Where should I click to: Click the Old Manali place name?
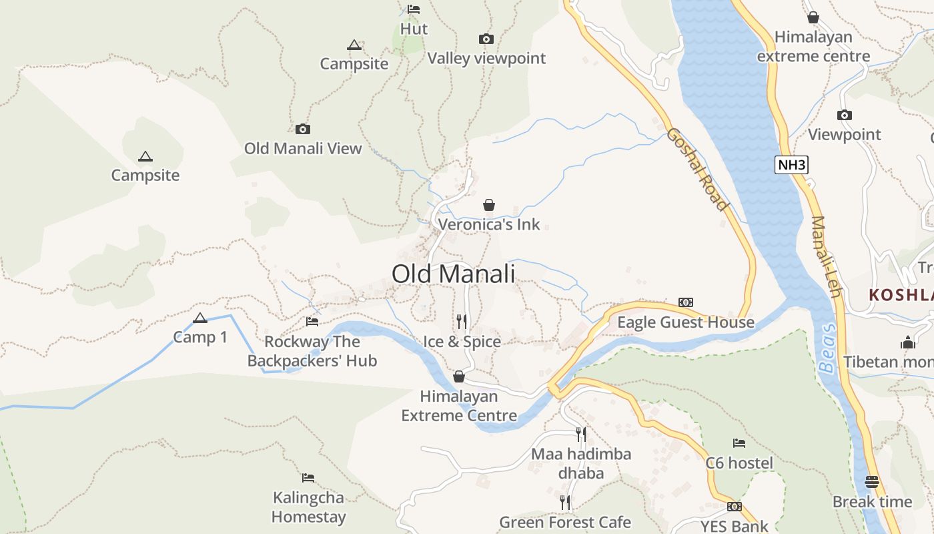pyautogui.click(x=453, y=274)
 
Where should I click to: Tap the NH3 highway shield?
pyautogui.click(x=791, y=165)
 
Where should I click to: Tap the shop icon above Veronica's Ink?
pyautogui.click(x=489, y=204)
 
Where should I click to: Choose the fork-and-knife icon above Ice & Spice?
pyautogui.click(x=462, y=322)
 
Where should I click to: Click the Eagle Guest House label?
pyautogui.click(x=685, y=322)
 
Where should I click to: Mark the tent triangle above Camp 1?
pyautogui.click(x=199, y=318)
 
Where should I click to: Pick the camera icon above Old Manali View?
pyautogui.click(x=303, y=129)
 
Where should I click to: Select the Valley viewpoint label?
pyautogui.click(x=486, y=59)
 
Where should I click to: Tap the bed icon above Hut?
pyautogui.click(x=414, y=9)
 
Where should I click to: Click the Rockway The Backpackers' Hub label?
pyautogui.click(x=312, y=351)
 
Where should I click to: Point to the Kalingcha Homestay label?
pyautogui.click(x=308, y=507)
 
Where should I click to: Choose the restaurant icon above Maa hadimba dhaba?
pyautogui.click(x=581, y=435)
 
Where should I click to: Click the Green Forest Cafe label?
pyautogui.click(x=565, y=522)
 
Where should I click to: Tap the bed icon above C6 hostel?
pyautogui.click(x=739, y=443)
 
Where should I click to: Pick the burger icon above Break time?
pyautogui.click(x=872, y=481)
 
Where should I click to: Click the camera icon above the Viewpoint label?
pyautogui.click(x=845, y=115)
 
